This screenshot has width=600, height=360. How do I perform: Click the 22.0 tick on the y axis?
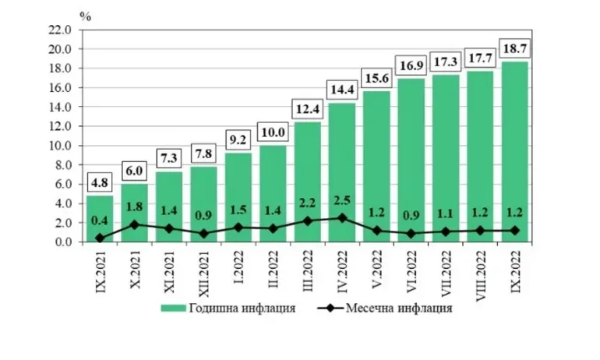pos(60,30)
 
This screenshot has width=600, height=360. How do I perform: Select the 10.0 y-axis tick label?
pos(60,146)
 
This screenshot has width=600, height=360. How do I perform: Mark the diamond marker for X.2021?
pos(134,224)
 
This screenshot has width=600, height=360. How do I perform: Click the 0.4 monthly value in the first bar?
pos(99,221)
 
